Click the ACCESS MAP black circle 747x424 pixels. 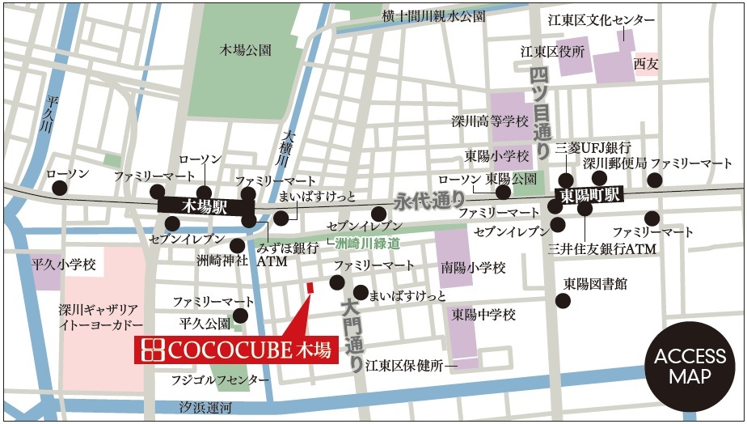point(690,367)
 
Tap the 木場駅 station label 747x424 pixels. point(205,207)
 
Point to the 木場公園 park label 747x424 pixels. point(246,50)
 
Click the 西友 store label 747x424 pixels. point(646,64)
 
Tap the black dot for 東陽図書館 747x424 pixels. point(563,300)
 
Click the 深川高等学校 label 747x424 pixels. point(489,121)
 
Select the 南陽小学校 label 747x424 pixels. point(473,267)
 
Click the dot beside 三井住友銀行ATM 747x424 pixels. point(585,209)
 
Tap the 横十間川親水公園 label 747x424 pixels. point(434,15)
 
